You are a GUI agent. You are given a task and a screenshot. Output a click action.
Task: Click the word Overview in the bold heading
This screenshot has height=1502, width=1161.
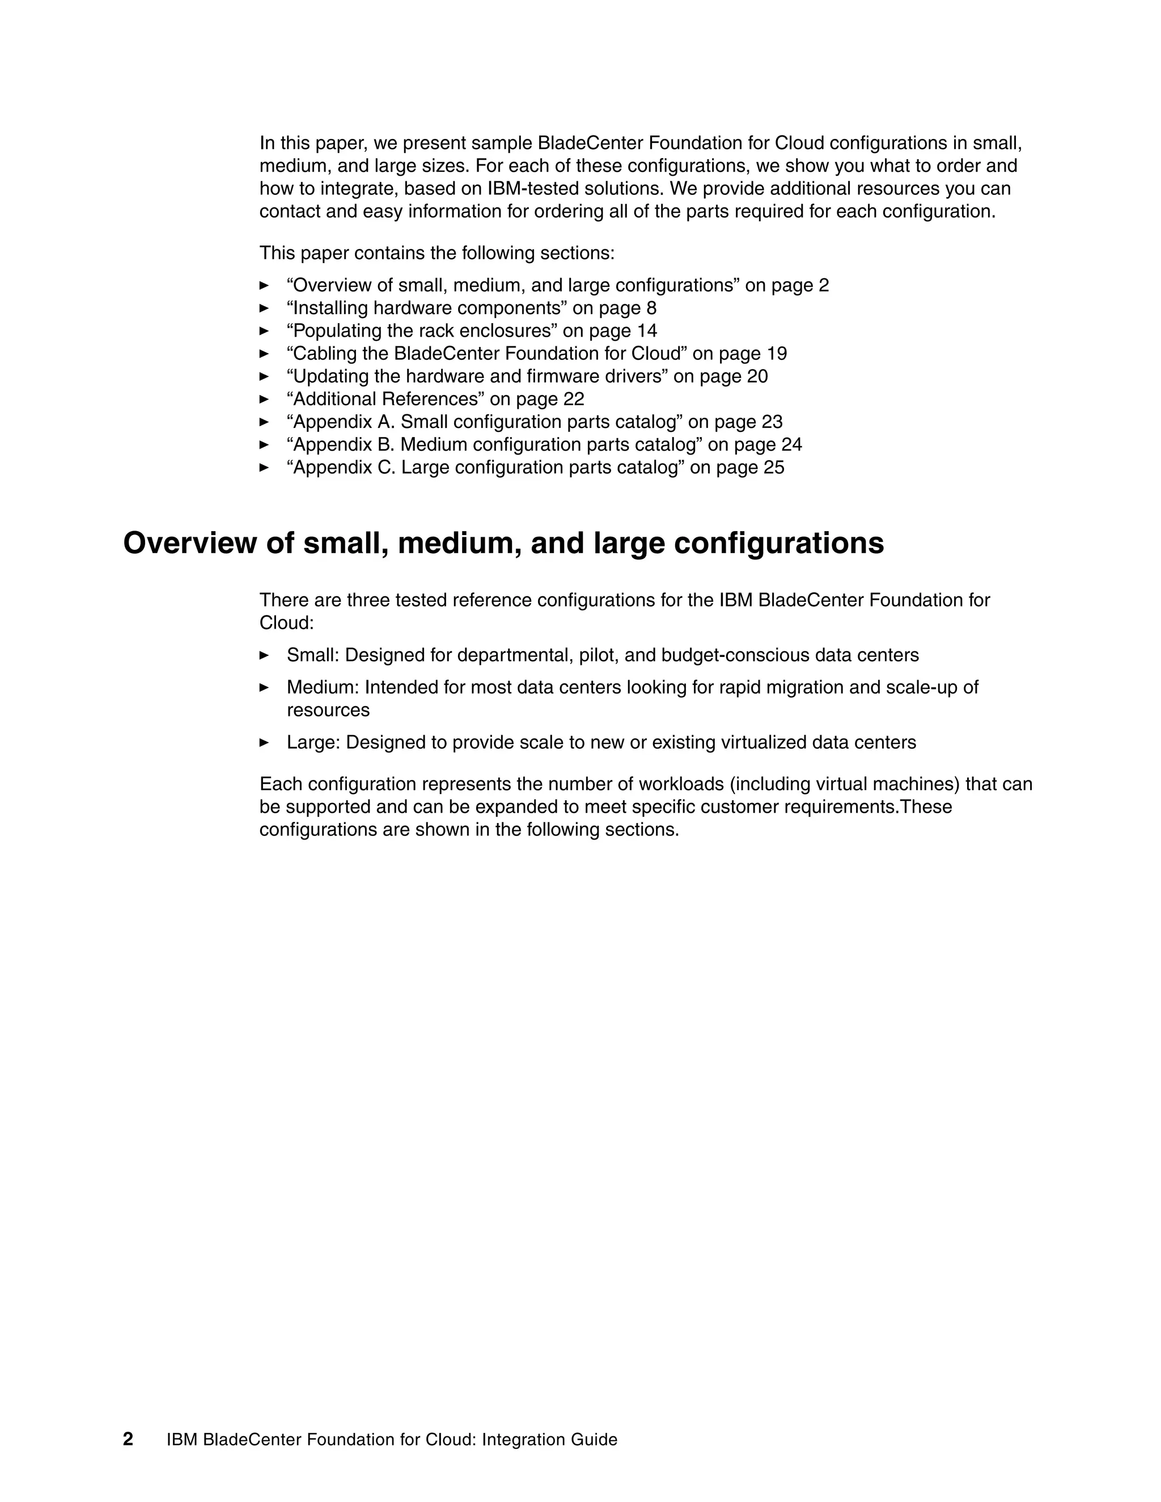click(x=188, y=544)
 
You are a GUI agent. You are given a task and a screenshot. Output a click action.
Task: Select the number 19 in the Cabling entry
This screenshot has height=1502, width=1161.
click(x=777, y=354)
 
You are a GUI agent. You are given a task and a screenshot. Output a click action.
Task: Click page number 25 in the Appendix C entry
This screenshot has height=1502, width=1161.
click(x=774, y=468)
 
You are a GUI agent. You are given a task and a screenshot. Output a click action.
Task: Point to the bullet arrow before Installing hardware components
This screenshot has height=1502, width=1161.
click(x=264, y=308)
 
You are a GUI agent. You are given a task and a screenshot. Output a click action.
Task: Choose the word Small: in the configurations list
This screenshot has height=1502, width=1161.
click(x=313, y=655)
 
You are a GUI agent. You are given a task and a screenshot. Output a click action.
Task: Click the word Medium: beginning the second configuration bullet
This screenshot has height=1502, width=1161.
click(x=323, y=687)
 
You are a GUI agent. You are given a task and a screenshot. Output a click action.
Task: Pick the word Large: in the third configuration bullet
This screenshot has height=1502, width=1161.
click(x=313, y=742)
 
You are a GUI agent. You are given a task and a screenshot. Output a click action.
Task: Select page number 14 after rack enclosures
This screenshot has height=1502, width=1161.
click(x=646, y=331)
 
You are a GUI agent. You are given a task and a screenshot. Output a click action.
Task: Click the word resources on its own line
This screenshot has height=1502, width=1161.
click(x=328, y=710)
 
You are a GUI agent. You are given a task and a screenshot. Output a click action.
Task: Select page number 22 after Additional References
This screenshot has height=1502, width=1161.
click(x=574, y=399)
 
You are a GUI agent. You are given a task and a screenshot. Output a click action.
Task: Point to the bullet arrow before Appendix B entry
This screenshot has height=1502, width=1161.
click(x=264, y=444)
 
